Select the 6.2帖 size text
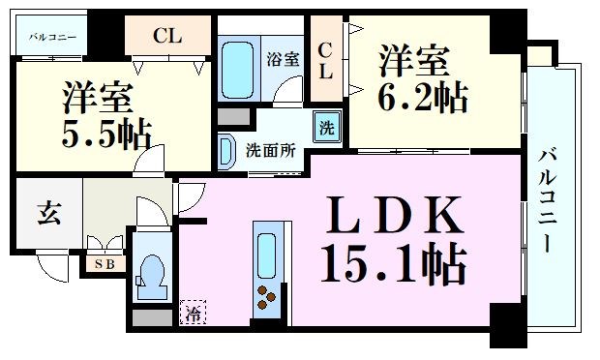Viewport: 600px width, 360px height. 421,97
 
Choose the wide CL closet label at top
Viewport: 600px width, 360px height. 167,38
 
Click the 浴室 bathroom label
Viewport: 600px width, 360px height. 284,58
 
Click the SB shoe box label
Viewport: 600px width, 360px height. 102,263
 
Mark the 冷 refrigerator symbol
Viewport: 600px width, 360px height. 192,313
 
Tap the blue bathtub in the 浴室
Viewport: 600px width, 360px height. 236,65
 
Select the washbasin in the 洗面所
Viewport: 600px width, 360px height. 226,150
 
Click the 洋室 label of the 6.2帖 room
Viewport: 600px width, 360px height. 413,61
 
